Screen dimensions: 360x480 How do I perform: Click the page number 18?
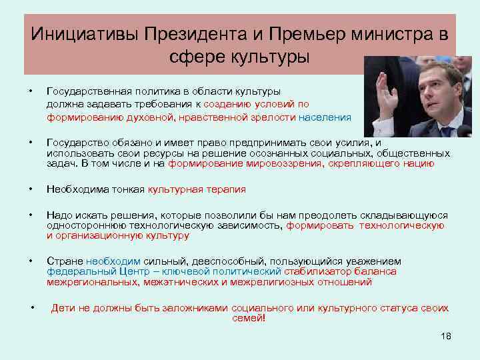pos(446,336)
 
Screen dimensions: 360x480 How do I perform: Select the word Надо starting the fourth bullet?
pos(57,215)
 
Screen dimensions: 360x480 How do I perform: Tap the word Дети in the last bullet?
pos(62,308)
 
